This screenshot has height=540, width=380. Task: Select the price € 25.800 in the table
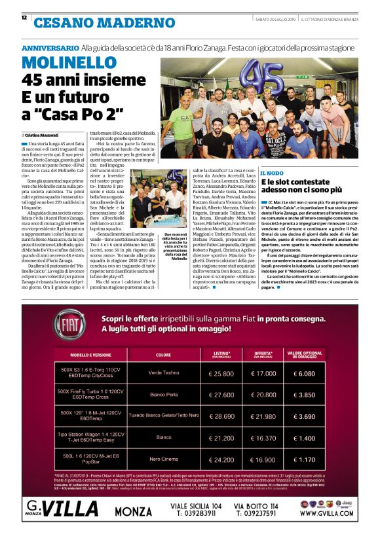click(221, 373)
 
